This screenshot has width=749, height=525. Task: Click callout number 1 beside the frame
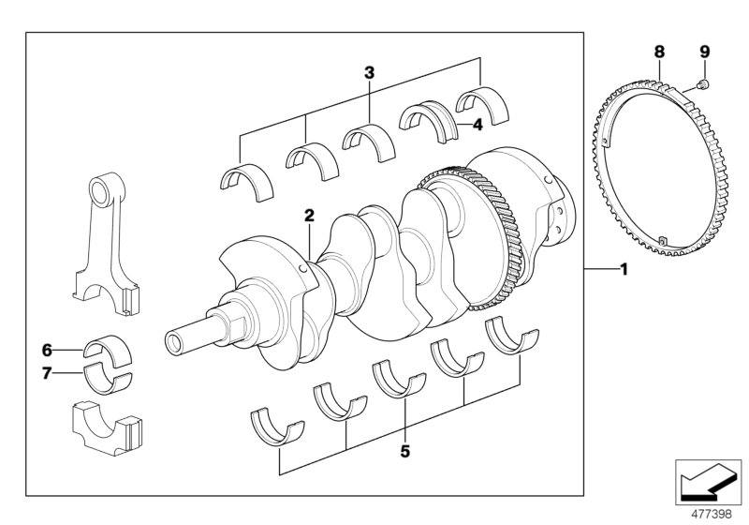coord(622,270)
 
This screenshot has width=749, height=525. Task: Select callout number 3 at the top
coord(370,71)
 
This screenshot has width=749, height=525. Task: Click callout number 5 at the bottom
coord(404,451)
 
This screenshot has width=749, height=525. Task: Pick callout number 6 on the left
coord(45,351)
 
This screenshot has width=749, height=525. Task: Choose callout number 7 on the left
coord(45,374)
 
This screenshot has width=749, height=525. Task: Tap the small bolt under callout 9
coord(703,84)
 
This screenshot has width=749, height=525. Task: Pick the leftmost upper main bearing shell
coord(244,177)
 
